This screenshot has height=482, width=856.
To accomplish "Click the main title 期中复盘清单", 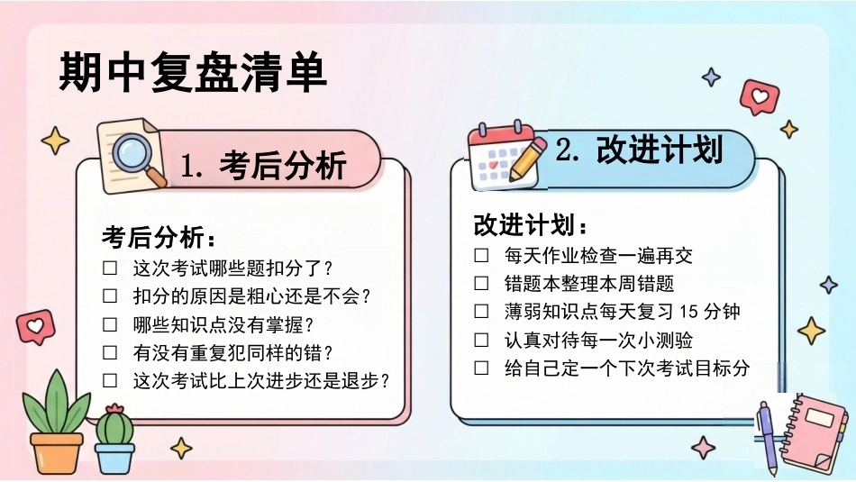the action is (193, 73).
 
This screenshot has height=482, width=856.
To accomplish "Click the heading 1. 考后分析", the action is (263, 165).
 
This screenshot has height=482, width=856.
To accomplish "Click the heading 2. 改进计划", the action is (639, 149).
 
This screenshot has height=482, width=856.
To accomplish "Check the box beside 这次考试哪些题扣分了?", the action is (110, 268).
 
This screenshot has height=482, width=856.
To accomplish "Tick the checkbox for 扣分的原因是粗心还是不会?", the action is (110, 296).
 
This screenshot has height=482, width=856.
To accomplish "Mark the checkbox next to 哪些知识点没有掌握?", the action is (110, 324).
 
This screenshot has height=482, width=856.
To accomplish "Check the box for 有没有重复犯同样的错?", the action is (110, 352).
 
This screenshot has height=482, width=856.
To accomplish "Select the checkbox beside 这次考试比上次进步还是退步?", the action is (110, 380).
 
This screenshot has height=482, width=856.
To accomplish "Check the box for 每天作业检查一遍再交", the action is (481, 255).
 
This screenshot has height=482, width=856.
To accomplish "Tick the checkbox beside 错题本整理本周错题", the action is (481, 283).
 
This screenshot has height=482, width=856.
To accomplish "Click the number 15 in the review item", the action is (688, 312).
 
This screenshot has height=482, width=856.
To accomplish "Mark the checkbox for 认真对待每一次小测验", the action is (481, 340).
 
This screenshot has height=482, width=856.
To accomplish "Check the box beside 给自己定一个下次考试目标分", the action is (481, 368).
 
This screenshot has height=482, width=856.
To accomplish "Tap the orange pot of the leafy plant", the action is (56, 452).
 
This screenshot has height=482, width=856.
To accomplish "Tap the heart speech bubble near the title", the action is (760, 96).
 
